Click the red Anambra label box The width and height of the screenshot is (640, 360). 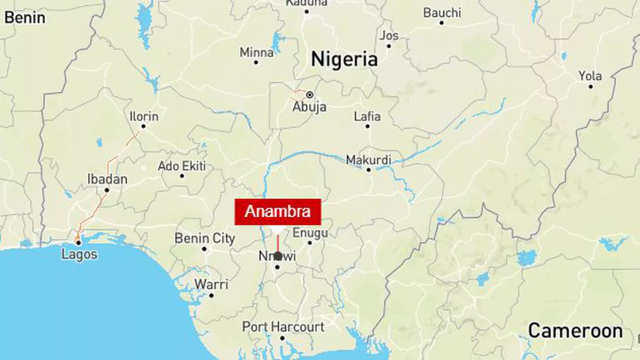[277, 211]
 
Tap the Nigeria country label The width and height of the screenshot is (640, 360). [344, 59]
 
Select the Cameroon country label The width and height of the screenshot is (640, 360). [575, 331]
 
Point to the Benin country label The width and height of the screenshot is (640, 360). [24, 17]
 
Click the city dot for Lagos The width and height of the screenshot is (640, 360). [78, 243]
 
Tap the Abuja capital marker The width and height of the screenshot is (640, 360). [309, 94]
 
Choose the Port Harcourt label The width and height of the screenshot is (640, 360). [283, 326]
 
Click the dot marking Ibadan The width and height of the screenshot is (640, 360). [107, 190]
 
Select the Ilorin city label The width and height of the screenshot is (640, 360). [144, 116]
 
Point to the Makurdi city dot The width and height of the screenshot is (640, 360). [369, 170]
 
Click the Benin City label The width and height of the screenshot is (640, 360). [205, 238]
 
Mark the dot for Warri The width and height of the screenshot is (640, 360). [211, 296]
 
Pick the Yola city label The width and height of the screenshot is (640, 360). [590, 76]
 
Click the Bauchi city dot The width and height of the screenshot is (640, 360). [441, 23]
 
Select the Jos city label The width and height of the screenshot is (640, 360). [389, 36]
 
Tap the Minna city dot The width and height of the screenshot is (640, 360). [256, 62]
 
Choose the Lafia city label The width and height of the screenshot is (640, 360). [367, 116]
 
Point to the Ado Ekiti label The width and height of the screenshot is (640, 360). [182, 166]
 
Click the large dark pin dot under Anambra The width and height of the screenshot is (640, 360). [278, 256]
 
